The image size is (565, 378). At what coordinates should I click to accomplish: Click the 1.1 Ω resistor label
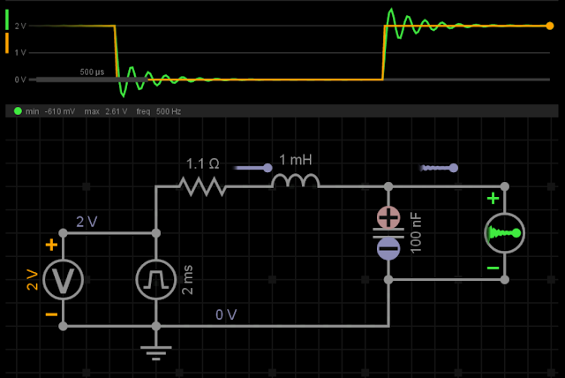coord(202,164)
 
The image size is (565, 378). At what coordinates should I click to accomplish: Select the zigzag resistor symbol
coord(202,186)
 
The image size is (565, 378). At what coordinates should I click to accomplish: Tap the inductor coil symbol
coord(296,181)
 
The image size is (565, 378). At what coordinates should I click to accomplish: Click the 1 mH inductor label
coord(296,160)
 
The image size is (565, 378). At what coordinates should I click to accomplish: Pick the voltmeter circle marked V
coord(63,280)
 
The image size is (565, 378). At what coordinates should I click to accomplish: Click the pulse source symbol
coord(156,280)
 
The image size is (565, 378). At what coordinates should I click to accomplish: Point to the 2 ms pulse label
coord(188,280)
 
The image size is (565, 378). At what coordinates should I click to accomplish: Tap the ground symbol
coord(156,352)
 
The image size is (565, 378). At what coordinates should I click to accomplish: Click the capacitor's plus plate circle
coord(388,217)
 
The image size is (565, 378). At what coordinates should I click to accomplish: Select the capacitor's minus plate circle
coord(388,249)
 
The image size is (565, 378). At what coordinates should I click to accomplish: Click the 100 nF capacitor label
coord(416,233)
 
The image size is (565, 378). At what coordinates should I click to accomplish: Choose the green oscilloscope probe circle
coord(504,233)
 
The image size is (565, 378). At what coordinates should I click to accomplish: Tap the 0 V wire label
coord(226,314)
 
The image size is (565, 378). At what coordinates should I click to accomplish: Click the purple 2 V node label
coord(87,222)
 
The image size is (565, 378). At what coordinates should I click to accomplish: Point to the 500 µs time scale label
coord(92,72)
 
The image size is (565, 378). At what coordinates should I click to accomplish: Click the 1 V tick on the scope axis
coord(20,53)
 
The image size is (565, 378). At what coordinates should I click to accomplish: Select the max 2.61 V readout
coord(106,111)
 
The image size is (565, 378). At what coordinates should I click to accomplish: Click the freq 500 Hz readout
coord(159,111)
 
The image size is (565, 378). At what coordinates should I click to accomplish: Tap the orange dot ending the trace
coord(549,26)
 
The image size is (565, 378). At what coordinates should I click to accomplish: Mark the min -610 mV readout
coord(50,111)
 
